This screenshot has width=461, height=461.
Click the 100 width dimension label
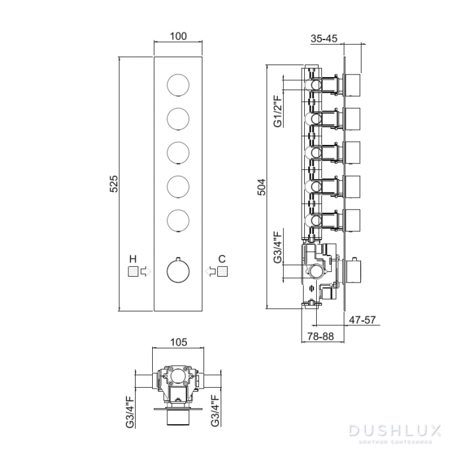tap(178, 36)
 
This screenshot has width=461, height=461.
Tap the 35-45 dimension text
tap(324, 39)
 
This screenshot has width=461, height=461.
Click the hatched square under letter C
tap(224, 271)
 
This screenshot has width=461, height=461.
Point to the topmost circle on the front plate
tap(178, 86)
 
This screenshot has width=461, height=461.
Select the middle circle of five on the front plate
tap(178, 153)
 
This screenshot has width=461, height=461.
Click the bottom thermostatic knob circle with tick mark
tap(178, 270)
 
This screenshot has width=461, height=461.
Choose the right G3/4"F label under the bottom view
tap(215, 412)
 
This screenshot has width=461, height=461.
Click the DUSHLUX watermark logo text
tap(394, 431)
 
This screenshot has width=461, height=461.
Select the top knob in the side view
tap(354, 85)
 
